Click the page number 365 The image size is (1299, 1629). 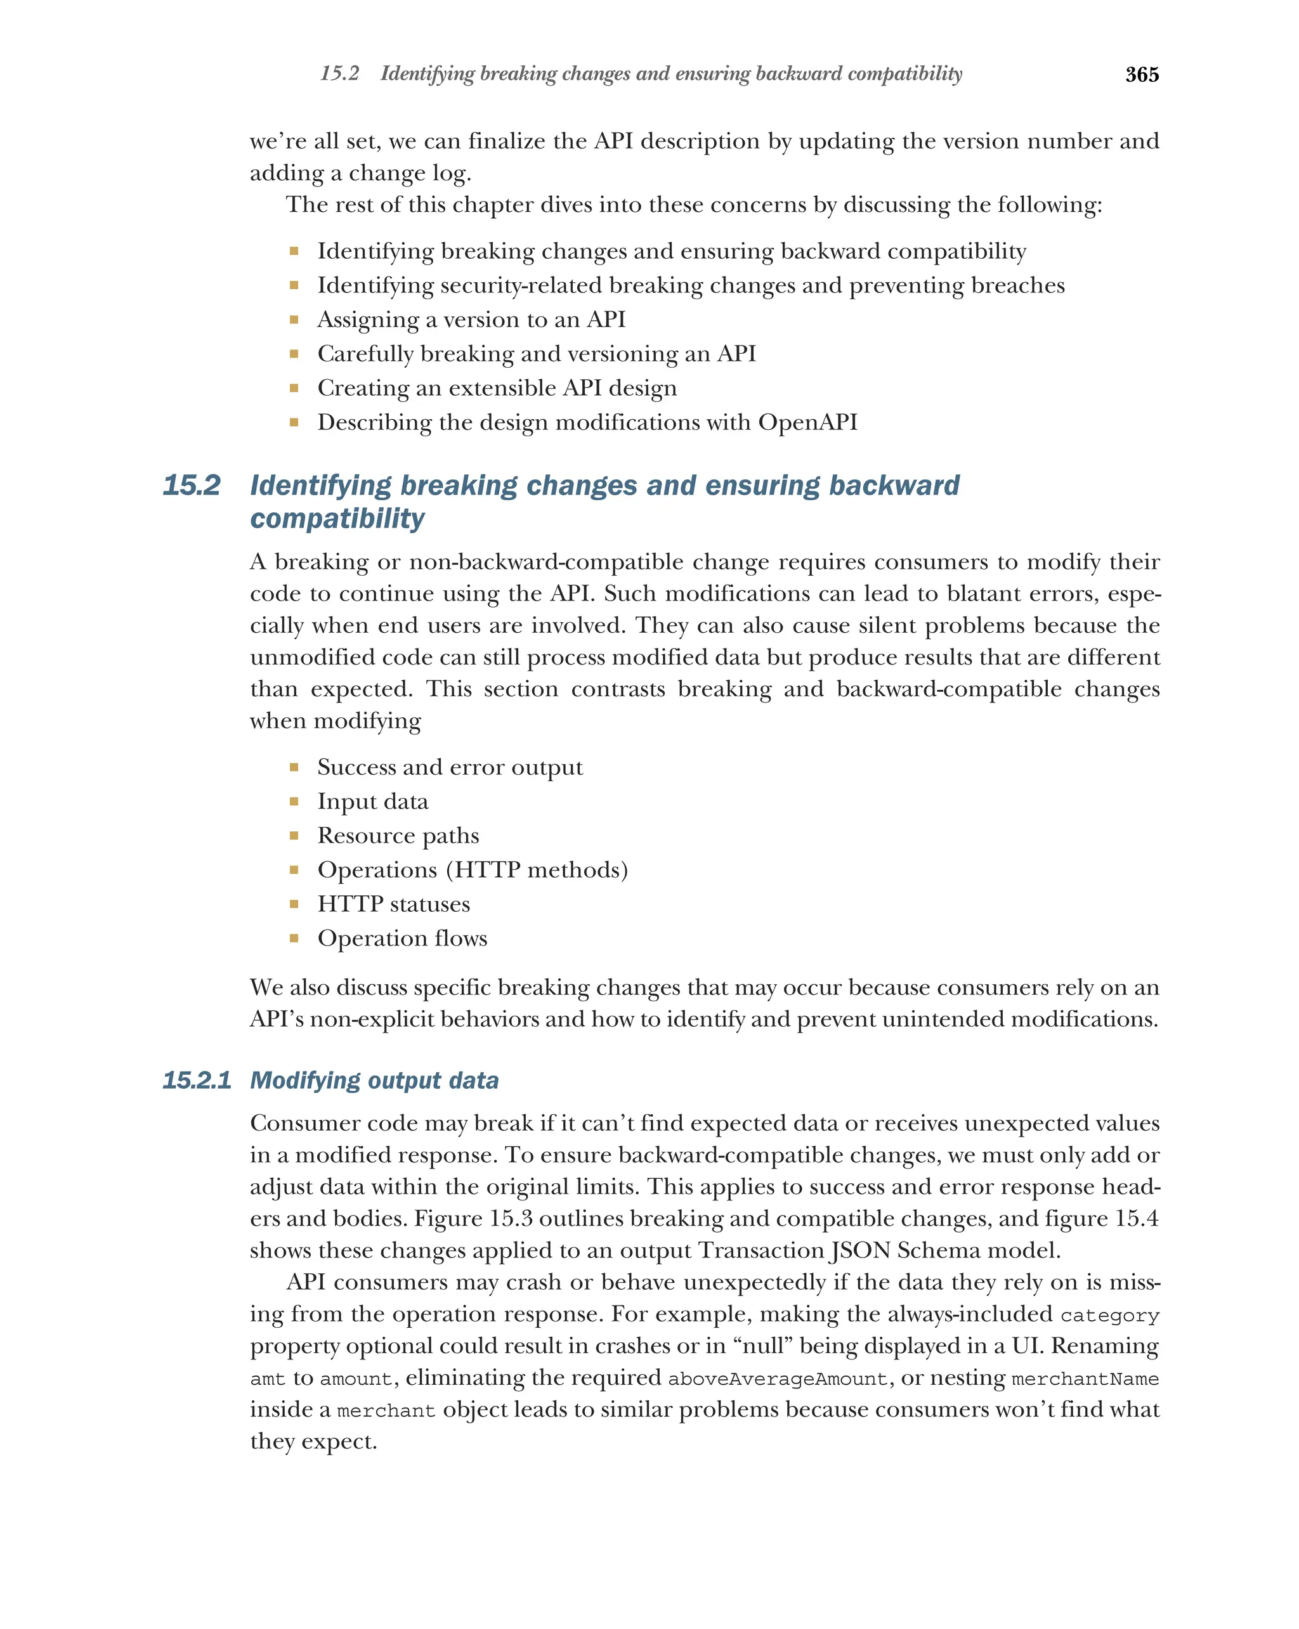pyautogui.click(x=1141, y=74)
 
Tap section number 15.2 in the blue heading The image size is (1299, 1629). pyautogui.click(x=191, y=485)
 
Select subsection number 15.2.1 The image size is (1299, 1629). pyautogui.click(x=197, y=1080)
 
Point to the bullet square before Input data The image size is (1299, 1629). pyautogui.click(x=294, y=802)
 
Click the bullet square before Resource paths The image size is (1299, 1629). pyautogui.click(x=294, y=836)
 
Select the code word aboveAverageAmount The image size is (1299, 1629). pyautogui.click(x=778, y=1379)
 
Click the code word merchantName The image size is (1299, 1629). pyautogui.click(x=1085, y=1379)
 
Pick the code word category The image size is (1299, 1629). pyautogui.click(x=1109, y=1316)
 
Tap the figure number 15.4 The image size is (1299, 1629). pyautogui.click(x=1133, y=1219)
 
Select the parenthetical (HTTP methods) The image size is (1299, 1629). pyautogui.click(x=537, y=869)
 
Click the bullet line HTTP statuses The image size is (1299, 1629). pyautogui.click(x=393, y=904)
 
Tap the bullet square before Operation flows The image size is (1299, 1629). pyautogui.click(x=294, y=938)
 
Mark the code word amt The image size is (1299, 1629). pyautogui.click(x=268, y=1379)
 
